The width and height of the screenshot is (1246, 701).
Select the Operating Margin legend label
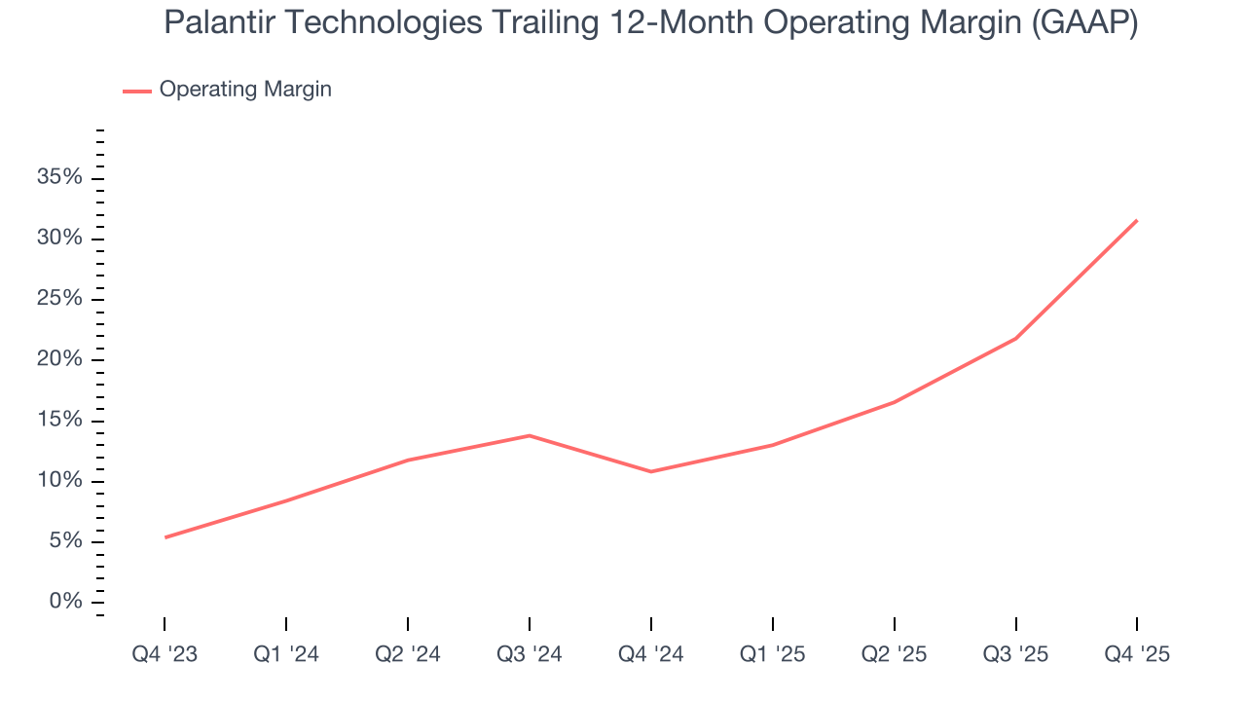245,90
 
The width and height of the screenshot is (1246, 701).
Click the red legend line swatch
137,91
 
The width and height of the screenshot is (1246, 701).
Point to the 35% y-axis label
59,178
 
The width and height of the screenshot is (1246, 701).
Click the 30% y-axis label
59,239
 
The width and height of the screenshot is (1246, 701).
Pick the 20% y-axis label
59,360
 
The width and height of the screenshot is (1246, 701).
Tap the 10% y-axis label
59,481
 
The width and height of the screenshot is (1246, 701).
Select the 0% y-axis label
65,602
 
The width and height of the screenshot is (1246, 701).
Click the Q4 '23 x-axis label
165,654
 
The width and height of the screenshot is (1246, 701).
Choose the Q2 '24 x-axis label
408,654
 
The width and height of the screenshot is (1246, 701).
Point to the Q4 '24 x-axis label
650,654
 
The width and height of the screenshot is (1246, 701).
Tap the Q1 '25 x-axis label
772,654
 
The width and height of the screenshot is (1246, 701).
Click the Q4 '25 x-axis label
1137,654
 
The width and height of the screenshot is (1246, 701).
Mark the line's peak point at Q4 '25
1136,221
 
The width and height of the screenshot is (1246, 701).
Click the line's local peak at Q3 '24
529,435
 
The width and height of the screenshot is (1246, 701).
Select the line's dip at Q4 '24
650,471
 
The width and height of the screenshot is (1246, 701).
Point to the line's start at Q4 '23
165,537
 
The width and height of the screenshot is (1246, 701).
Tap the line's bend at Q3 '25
1015,339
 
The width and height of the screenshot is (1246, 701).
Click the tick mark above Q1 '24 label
286,623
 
